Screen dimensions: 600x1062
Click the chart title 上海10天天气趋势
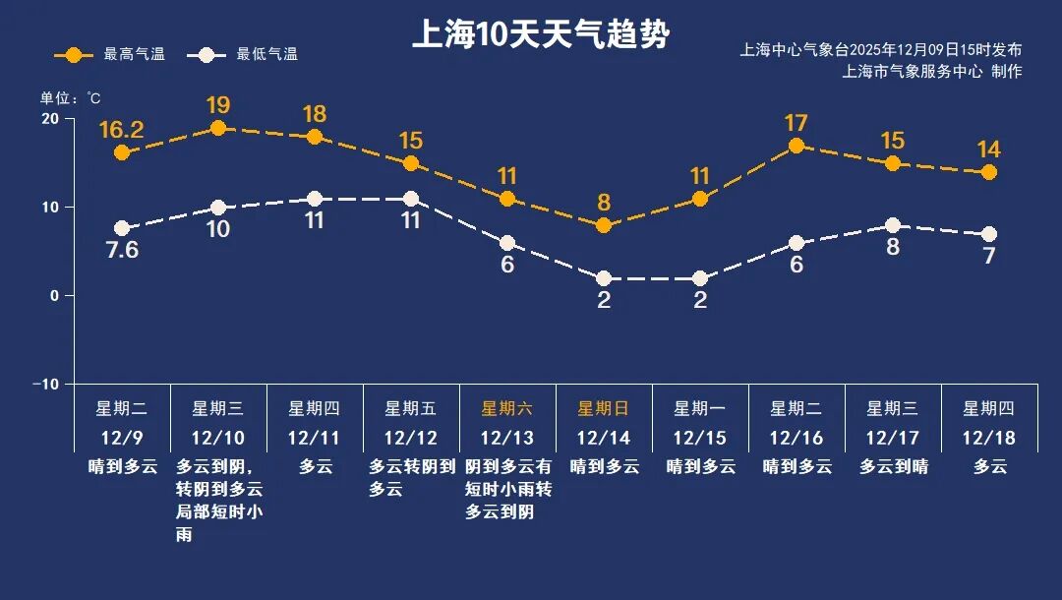pos(540,35)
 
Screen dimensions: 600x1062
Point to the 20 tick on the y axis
pos(49,118)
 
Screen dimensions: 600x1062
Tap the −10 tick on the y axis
pos(45,384)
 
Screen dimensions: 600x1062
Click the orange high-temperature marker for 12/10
pos(218,128)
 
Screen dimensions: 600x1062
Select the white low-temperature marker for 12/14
pos(604,278)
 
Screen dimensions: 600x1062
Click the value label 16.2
pos(122,130)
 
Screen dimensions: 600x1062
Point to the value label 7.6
pos(122,250)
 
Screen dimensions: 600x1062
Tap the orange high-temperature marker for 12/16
pos(796,146)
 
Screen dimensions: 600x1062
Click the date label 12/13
pos(506,437)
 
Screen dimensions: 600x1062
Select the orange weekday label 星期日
pos(603,408)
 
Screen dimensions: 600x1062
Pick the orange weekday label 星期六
pos(506,408)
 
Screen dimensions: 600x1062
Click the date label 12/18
pos(988,437)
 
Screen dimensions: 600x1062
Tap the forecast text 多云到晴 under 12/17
pos(893,466)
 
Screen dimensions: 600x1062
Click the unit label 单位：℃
pos(70,98)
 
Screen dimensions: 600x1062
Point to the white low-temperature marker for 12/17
pos(893,225)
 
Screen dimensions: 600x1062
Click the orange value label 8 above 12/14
pos(604,203)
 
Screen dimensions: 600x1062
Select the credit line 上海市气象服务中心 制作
pos(932,71)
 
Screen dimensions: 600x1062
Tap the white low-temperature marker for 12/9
pos(122,228)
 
